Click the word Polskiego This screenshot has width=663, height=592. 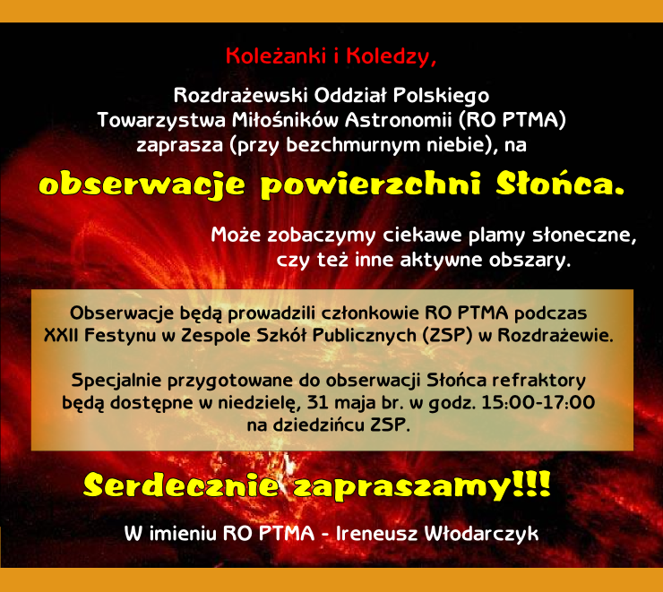pyautogui.click(x=441, y=97)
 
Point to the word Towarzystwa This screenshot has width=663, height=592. pyautogui.click(x=161, y=120)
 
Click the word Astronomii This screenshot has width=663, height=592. pyautogui.click(x=399, y=120)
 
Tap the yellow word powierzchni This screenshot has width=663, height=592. pyautogui.click(x=370, y=186)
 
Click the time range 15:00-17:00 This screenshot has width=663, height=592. pyautogui.click(x=538, y=402)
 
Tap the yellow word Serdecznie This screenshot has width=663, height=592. pyautogui.click(x=181, y=485)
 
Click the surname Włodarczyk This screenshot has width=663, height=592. pyautogui.click(x=481, y=534)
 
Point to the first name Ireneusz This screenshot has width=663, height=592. pyautogui.click(x=376, y=534)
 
